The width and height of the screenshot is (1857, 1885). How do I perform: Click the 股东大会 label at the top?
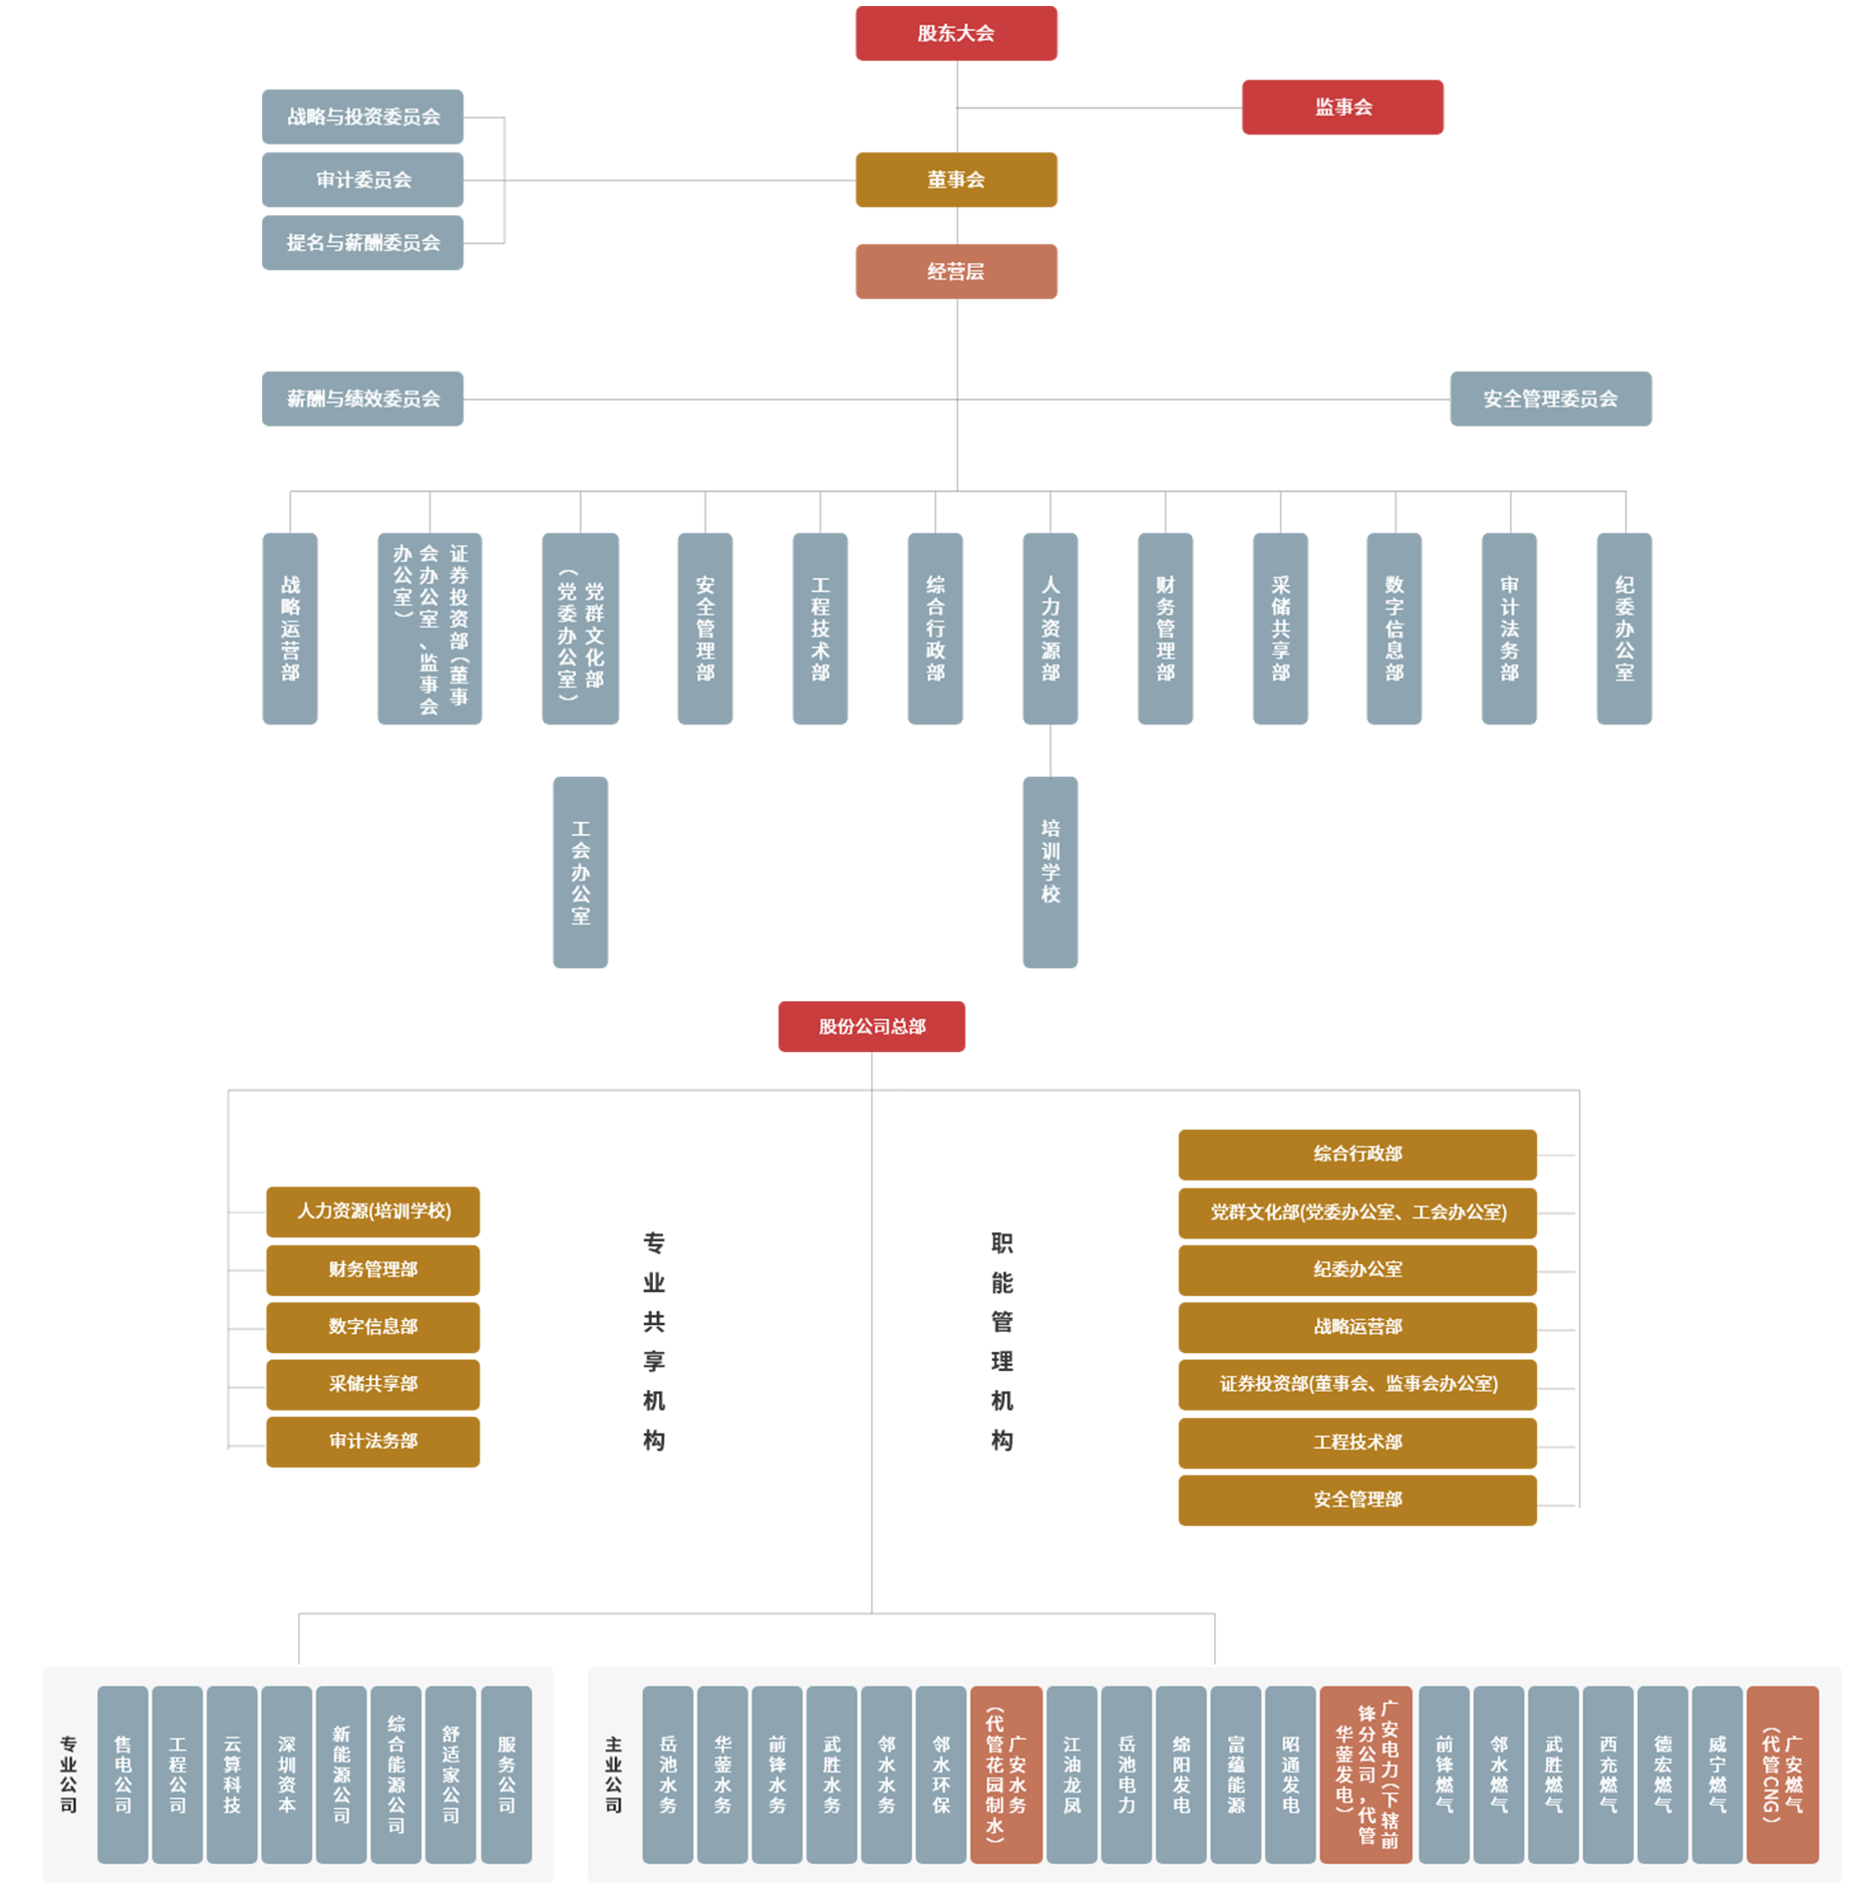pyautogui.click(x=955, y=34)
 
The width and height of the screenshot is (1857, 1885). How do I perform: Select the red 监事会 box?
pyautogui.click(x=1343, y=108)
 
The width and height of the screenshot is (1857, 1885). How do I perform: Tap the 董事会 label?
pyautogui.click(x=955, y=180)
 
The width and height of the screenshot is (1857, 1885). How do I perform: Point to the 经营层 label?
pyautogui.click(x=955, y=272)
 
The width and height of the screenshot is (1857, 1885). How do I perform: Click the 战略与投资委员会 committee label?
pyautogui.click(x=364, y=118)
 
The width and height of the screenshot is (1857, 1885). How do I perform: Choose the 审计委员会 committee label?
pyautogui.click(x=364, y=180)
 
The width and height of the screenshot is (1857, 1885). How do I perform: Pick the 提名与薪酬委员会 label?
pyautogui.click(x=364, y=243)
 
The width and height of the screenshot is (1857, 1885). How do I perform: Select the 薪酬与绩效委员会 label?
pyautogui.click(x=364, y=400)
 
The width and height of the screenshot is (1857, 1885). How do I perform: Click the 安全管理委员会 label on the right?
pyautogui.click(x=1549, y=400)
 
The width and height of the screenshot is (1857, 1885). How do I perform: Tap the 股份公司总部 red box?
pyautogui.click(x=872, y=1027)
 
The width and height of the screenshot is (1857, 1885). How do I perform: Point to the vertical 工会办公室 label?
pyautogui.click(x=580, y=872)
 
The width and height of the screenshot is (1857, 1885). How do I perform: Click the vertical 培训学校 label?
pyautogui.click(x=1050, y=861)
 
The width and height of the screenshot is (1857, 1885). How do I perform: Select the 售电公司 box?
pyautogui.click(x=123, y=1774)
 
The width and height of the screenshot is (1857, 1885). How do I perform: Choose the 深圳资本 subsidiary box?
pyautogui.click(x=287, y=1774)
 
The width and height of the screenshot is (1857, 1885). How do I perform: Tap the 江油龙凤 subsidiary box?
pyautogui.click(x=1072, y=1774)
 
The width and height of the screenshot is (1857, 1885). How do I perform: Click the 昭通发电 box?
pyautogui.click(x=1290, y=1774)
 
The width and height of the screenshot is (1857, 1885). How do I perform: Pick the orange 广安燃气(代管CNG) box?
pyautogui.click(x=1782, y=1774)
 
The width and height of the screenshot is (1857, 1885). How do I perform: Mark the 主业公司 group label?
pyautogui.click(x=613, y=1774)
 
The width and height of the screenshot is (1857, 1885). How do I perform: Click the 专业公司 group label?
pyautogui.click(x=68, y=1774)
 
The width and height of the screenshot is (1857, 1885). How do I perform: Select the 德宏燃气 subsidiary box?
pyautogui.click(x=1663, y=1774)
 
